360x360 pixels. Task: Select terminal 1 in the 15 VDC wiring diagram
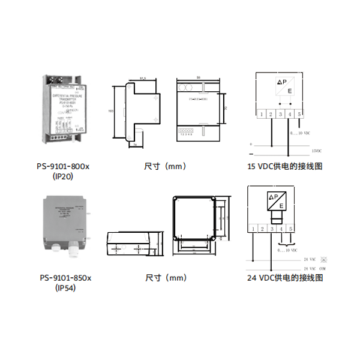click(261, 113)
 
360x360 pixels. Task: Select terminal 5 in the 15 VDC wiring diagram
click(299, 113)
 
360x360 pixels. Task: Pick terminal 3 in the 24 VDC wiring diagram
click(272, 229)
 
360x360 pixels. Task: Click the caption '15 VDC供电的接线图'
click(284, 166)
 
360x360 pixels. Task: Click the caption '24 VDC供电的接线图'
click(285, 278)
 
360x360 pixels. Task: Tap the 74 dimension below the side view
click(135, 145)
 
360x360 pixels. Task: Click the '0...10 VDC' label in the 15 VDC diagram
click(299, 133)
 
